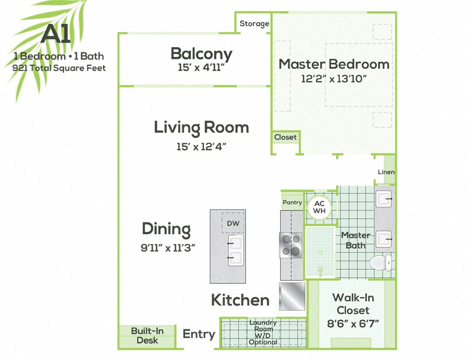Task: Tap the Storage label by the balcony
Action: pos(255,24)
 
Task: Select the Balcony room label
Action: pos(201,54)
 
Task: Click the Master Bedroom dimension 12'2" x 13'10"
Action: pos(333,79)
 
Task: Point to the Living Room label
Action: pos(201,127)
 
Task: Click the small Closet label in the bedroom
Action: pos(285,137)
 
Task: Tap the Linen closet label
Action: pos(386,172)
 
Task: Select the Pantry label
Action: pos(292,202)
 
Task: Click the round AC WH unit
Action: pos(319,207)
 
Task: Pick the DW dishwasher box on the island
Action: pos(232,224)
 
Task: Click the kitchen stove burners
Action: pos(291,245)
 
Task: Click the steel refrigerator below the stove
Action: pos(292,296)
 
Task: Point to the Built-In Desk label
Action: pos(147,336)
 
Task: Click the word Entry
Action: pos(199,334)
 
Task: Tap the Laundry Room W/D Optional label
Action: pos(263,332)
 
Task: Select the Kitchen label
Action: pos(240,300)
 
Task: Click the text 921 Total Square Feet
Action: pos(59,68)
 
